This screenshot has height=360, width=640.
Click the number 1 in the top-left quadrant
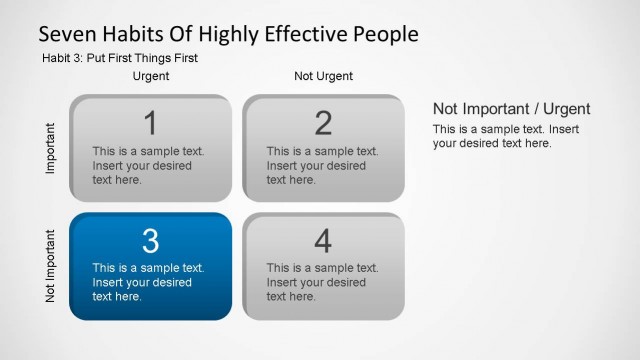[x=150, y=123]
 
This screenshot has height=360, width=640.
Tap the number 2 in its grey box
[x=323, y=123]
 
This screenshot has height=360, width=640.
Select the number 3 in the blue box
[x=150, y=241]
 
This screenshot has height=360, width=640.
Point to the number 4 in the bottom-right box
[x=323, y=241]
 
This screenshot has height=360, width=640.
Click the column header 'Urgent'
[x=151, y=76]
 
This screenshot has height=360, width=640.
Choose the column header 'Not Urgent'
[x=323, y=76]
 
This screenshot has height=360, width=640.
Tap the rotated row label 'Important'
[x=51, y=148]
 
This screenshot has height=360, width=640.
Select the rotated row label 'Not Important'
[x=51, y=265]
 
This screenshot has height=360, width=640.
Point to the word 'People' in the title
[x=380, y=34]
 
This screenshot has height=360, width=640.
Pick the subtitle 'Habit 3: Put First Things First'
[x=119, y=58]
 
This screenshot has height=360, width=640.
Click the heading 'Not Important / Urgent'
[x=511, y=109]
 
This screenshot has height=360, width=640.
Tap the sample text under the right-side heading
[x=506, y=136]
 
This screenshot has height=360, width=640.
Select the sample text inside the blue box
[x=148, y=282]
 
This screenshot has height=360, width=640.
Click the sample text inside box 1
[x=148, y=165]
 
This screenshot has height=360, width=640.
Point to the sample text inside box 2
[x=322, y=165]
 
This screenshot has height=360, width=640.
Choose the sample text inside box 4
[x=322, y=282]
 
